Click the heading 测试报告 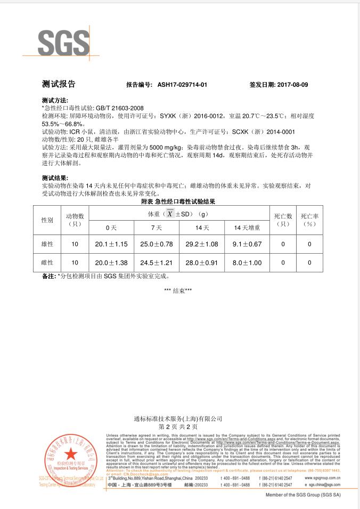coord(59,84)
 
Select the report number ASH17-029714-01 coord(183,85)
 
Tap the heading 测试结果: coord(55,178)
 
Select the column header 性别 coord(47,220)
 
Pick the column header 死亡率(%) coord(309,220)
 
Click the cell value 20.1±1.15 coord(111,244)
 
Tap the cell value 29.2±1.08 coord(202,244)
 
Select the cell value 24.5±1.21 coord(157,263)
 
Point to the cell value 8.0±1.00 coord(247,263)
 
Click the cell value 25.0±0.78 coord(157,244)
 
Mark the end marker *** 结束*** coord(178,290)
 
